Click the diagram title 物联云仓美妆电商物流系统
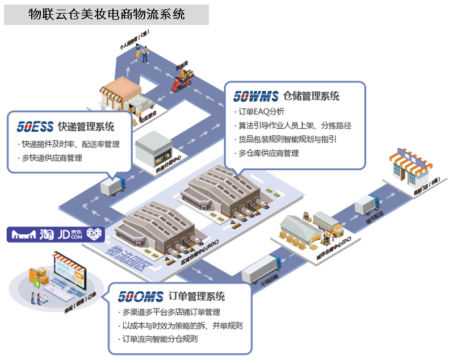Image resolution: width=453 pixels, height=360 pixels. [x=107, y=14]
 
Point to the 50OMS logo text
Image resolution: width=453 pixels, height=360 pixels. [x=140, y=296]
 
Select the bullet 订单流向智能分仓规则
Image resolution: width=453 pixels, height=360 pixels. [x=160, y=339]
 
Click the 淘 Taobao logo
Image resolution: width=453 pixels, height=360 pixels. [x=47, y=234]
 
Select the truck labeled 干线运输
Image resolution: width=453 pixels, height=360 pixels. [x=262, y=269]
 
